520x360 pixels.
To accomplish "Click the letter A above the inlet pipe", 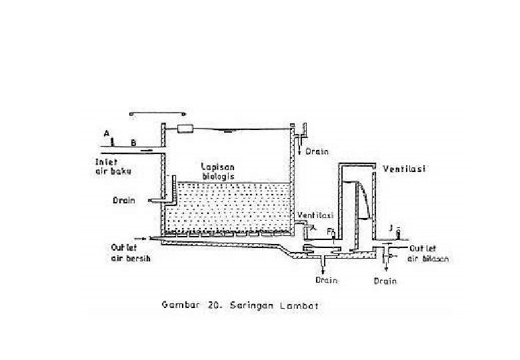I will click(x=106, y=133).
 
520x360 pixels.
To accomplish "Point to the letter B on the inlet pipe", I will click(x=133, y=142).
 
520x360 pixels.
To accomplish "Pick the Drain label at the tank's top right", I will click(x=317, y=151).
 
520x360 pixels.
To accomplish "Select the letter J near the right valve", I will click(x=390, y=227).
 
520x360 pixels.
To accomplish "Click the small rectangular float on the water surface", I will click(x=185, y=127).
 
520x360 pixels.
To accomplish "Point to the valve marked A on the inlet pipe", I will click(x=113, y=142).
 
